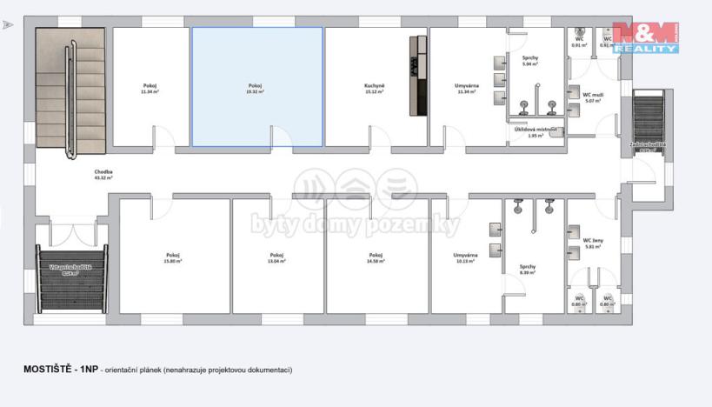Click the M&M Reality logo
pos(644,37)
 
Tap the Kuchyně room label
pos(375,88)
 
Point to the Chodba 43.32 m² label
pos(104,175)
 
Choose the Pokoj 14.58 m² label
pos(376,258)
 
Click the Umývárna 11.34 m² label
pos(465,88)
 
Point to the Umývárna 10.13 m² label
pos(465,258)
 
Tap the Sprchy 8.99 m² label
pos(527,270)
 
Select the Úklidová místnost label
pos(535,132)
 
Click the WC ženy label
pos(593,242)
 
